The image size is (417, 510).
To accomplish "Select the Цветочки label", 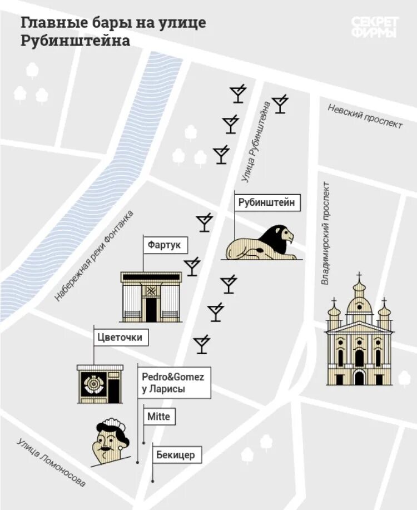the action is (120, 336).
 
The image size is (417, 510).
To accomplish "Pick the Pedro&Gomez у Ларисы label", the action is (173, 383).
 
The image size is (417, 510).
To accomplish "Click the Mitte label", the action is (158, 416).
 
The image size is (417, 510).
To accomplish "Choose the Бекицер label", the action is (175, 455).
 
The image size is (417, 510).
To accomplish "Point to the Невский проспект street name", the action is (365, 116).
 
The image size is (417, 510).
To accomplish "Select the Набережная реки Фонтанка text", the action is (95, 256).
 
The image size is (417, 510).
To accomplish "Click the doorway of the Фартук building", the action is (151, 309).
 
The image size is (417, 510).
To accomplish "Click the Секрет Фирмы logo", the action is (375, 27).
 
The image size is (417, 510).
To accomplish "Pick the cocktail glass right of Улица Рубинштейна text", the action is (280, 104).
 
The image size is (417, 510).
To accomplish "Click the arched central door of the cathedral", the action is (359, 378).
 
